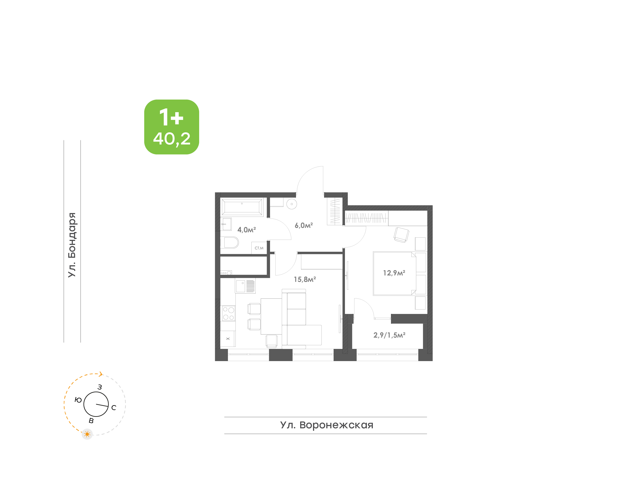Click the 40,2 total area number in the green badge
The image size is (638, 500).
[x=172, y=139]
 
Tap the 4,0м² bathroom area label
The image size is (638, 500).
[x=247, y=230]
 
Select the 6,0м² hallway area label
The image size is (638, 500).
[x=304, y=225]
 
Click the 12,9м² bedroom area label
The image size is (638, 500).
[x=394, y=273]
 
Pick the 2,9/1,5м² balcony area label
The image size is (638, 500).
[x=389, y=335]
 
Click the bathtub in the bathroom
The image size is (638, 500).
[x=242, y=207]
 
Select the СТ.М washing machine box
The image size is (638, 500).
[x=259, y=248]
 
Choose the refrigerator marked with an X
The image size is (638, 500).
[x=228, y=339]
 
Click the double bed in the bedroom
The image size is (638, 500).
[x=395, y=273]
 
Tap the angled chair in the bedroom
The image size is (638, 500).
[x=401, y=235]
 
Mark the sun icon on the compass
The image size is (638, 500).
[x=87, y=434]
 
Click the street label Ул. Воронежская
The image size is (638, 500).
[x=327, y=425]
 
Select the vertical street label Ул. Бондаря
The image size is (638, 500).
[x=72, y=245]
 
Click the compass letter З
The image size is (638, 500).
[x=100, y=387]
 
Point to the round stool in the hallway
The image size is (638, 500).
[x=292, y=204]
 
